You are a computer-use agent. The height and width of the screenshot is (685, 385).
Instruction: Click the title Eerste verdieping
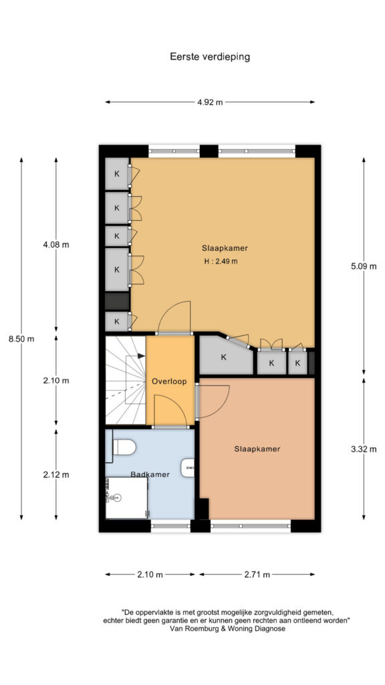(x=209, y=57)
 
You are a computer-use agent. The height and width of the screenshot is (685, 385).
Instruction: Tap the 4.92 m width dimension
(x=209, y=102)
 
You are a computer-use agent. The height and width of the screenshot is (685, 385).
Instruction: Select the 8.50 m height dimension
(x=21, y=338)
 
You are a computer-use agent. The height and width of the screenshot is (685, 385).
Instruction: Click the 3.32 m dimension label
(x=364, y=449)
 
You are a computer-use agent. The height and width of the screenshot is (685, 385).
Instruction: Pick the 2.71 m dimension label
(x=257, y=575)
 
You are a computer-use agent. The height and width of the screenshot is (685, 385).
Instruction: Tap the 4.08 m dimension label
(x=56, y=245)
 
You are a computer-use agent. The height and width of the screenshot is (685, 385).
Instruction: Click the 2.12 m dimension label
(x=56, y=474)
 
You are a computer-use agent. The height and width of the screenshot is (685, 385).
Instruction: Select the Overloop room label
(x=169, y=381)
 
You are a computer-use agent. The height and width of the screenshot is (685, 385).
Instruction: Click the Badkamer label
(x=150, y=474)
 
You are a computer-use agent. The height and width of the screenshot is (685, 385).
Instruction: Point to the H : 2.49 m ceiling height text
(x=221, y=262)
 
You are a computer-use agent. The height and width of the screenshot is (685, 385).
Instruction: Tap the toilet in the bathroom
(x=124, y=447)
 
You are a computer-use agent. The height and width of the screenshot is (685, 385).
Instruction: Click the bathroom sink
(x=188, y=468)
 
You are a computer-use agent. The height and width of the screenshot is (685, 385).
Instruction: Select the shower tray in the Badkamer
(x=126, y=498)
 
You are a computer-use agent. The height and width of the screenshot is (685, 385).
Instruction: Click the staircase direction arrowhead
(x=142, y=356)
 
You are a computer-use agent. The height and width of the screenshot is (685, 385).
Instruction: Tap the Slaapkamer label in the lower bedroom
(x=257, y=449)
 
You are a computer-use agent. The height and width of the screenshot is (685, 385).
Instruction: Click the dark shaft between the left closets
(x=117, y=302)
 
